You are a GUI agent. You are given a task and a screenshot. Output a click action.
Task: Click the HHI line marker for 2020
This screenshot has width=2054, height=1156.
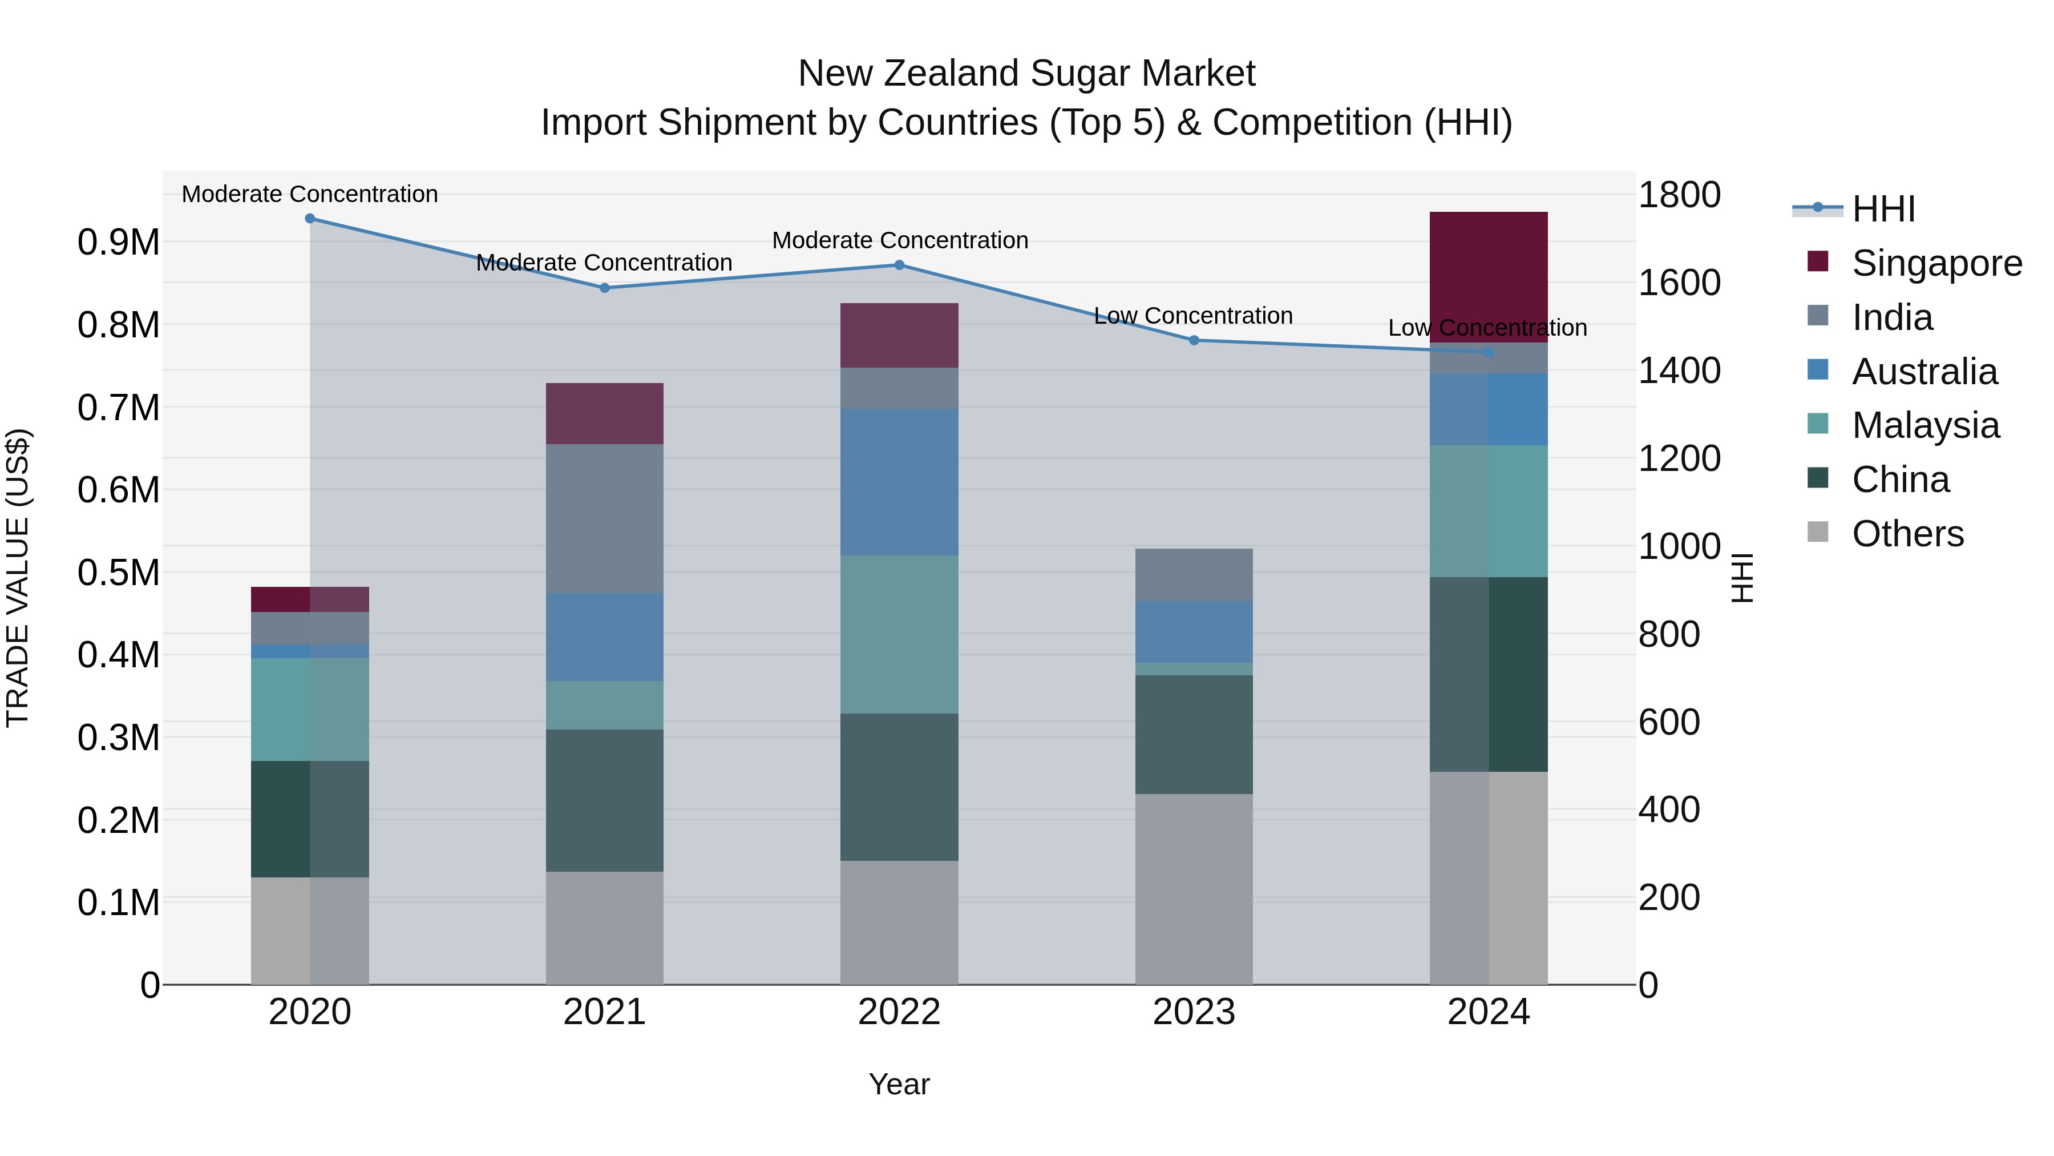click(x=310, y=219)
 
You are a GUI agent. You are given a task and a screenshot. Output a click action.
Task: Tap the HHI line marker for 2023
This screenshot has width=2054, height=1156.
click(x=1194, y=341)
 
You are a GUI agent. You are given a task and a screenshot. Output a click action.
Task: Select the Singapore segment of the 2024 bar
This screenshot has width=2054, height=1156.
click(x=1488, y=277)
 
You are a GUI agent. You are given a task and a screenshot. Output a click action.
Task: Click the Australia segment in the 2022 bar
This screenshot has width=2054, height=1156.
click(x=899, y=482)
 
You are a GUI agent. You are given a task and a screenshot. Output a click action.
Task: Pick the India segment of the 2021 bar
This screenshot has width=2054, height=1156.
click(x=604, y=518)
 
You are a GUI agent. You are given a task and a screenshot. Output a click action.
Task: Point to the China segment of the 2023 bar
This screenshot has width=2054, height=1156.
click(x=1194, y=734)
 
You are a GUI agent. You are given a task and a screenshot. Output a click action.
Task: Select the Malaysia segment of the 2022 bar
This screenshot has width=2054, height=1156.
click(x=899, y=634)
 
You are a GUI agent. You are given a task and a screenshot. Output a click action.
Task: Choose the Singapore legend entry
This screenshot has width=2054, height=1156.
click(x=1936, y=263)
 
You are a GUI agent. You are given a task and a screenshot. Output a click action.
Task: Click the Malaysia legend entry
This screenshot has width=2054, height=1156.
click(x=1925, y=425)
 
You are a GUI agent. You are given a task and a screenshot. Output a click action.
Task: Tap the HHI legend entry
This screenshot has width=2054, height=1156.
click(x=1883, y=209)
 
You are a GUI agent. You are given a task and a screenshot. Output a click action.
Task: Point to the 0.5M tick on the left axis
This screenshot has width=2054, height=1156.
click(x=119, y=573)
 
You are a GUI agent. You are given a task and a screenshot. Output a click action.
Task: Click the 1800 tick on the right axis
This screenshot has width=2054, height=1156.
click(x=1679, y=195)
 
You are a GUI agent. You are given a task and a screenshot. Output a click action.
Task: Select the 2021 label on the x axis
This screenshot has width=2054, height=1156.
click(x=604, y=1012)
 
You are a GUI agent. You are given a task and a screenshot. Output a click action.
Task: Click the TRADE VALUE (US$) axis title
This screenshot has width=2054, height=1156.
click(x=18, y=578)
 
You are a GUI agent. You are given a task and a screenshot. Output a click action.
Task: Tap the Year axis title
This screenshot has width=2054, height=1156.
click(x=899, y=1084)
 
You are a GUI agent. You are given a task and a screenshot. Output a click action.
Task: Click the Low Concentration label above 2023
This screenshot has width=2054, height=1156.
click(x=1193, y=316)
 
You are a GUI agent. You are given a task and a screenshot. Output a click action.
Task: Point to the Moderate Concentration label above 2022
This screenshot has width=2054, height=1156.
click(x=899, y=240)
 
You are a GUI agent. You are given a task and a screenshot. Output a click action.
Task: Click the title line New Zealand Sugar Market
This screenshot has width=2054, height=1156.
click(x=1026, y=74)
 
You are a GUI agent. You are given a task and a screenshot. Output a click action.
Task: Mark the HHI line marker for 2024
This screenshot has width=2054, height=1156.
click(x=1488, y=352)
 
